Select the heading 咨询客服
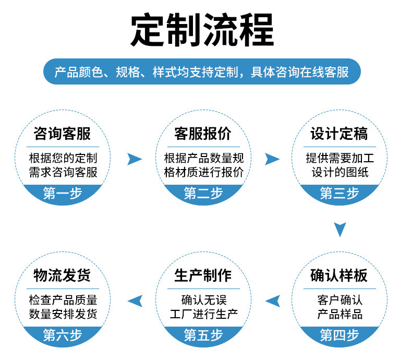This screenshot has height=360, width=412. click(62, 134)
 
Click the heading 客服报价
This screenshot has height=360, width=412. click(203, 134)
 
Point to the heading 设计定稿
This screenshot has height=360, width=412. click(340, 134)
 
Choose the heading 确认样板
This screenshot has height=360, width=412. click(340, 275)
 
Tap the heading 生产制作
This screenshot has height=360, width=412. click(203, 275)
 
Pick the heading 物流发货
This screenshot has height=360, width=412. click(62, 275)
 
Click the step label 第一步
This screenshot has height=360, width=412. click(63, 194)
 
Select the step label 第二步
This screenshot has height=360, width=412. click(203, 194)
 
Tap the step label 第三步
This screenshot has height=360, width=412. click(340, 194)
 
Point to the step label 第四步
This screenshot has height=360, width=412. click(340, 335)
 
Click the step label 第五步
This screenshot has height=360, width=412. click(203, 335)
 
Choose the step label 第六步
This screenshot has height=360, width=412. click(63, 335)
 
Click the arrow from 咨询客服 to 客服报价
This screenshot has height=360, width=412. click(135, 159)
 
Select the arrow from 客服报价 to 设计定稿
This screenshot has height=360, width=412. click(272, 159)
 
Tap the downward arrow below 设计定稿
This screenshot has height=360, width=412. click(340, 229)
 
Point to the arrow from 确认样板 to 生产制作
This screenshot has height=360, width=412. click(273, 301)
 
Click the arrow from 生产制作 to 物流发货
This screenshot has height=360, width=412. click(135, 301)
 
